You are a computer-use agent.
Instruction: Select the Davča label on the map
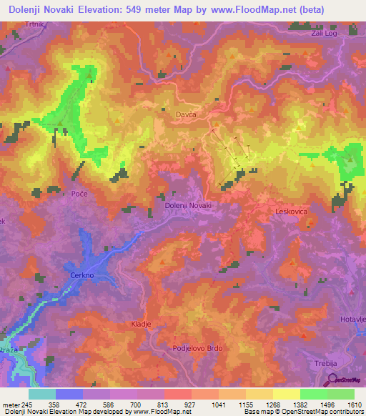pyautogui.click(x=185, y=114)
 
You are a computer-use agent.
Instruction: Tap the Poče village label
pyautogui.click(x=79, y=195)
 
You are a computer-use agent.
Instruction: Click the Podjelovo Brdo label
pyautogui.click(x=198, y=348)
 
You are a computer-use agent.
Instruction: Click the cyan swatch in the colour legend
pyautogui.click(x=42, y=394)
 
